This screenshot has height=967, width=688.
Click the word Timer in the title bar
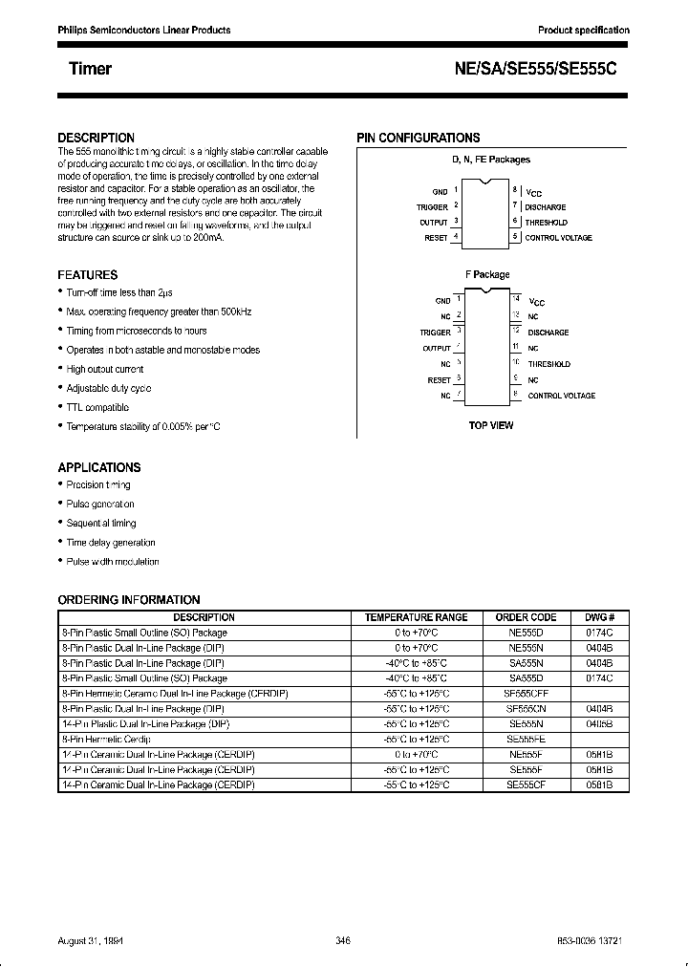pos(90,69)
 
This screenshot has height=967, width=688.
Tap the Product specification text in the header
pos(584,31)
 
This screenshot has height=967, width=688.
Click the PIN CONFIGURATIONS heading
pos(419,138)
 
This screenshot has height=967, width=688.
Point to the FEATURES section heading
pos(88,274)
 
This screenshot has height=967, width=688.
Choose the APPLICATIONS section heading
pos(99,467)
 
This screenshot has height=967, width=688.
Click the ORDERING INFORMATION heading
pos(129,600)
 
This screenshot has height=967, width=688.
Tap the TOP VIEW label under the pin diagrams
pos(490,424)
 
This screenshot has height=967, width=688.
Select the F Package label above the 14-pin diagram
pos(487,275)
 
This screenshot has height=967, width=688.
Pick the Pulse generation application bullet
pos(100,504)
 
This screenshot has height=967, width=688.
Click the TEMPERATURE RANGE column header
pos(417,617)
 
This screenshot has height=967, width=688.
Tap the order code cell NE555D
pos(527,633)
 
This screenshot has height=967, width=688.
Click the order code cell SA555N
pos(527,662)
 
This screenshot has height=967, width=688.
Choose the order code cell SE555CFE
pos(527,693)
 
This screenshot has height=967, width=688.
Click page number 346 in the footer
pos(344,940)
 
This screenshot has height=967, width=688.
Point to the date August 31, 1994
pos(97,940)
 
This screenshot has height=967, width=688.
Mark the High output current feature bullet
pos(105,369)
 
